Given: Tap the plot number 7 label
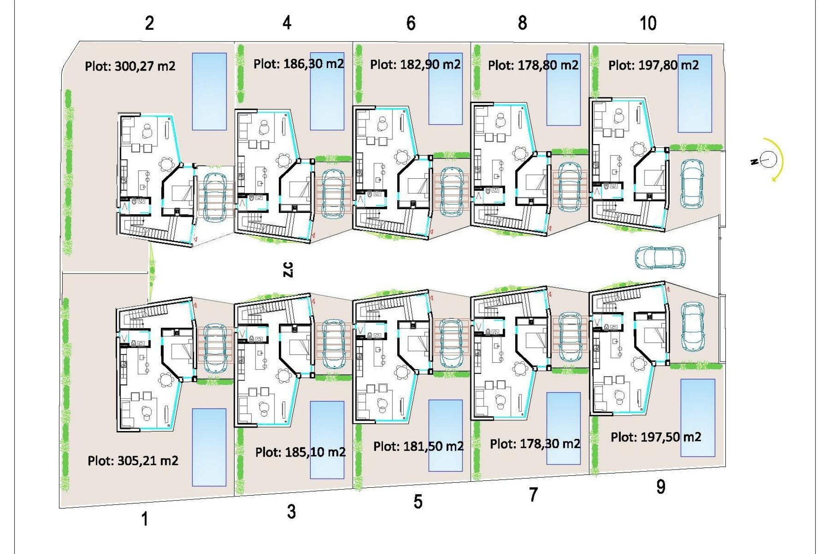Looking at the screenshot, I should click(533, 494).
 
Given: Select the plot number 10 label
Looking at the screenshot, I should click(648, 23).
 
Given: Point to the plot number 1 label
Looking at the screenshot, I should click(145, 519).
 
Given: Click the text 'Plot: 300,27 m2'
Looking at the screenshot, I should click(130, 66).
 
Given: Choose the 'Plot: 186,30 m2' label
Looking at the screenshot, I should click(299, 64).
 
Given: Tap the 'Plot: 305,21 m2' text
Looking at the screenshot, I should click(133, 461).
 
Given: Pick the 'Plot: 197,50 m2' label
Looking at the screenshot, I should click(656, 437).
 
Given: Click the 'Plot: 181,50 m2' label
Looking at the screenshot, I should click(418, 446).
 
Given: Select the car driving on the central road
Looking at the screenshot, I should click(660, 258).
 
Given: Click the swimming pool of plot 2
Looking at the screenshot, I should click(209, 91).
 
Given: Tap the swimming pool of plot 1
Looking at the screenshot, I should click(209, 447).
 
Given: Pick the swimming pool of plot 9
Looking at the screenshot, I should click(697, 418).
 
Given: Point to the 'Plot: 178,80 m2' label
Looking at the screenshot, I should click(533, 65).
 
